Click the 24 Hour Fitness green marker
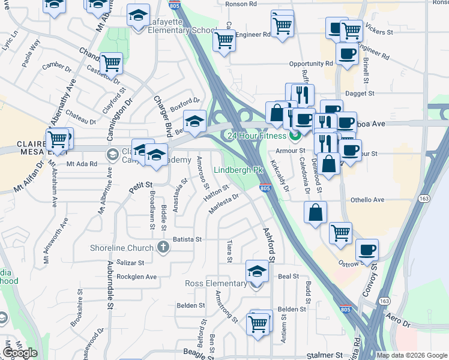(x=295, y=136)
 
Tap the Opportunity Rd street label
(x=310, y=64)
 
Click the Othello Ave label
(x=367, y=200)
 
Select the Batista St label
(x=187, y=239)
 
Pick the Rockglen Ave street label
(x=136, y=277)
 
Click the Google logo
(x=20, y=353)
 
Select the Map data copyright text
(x=412, y=355)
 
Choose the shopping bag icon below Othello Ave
(x=316, y=212)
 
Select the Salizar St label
(x=131, y=263)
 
